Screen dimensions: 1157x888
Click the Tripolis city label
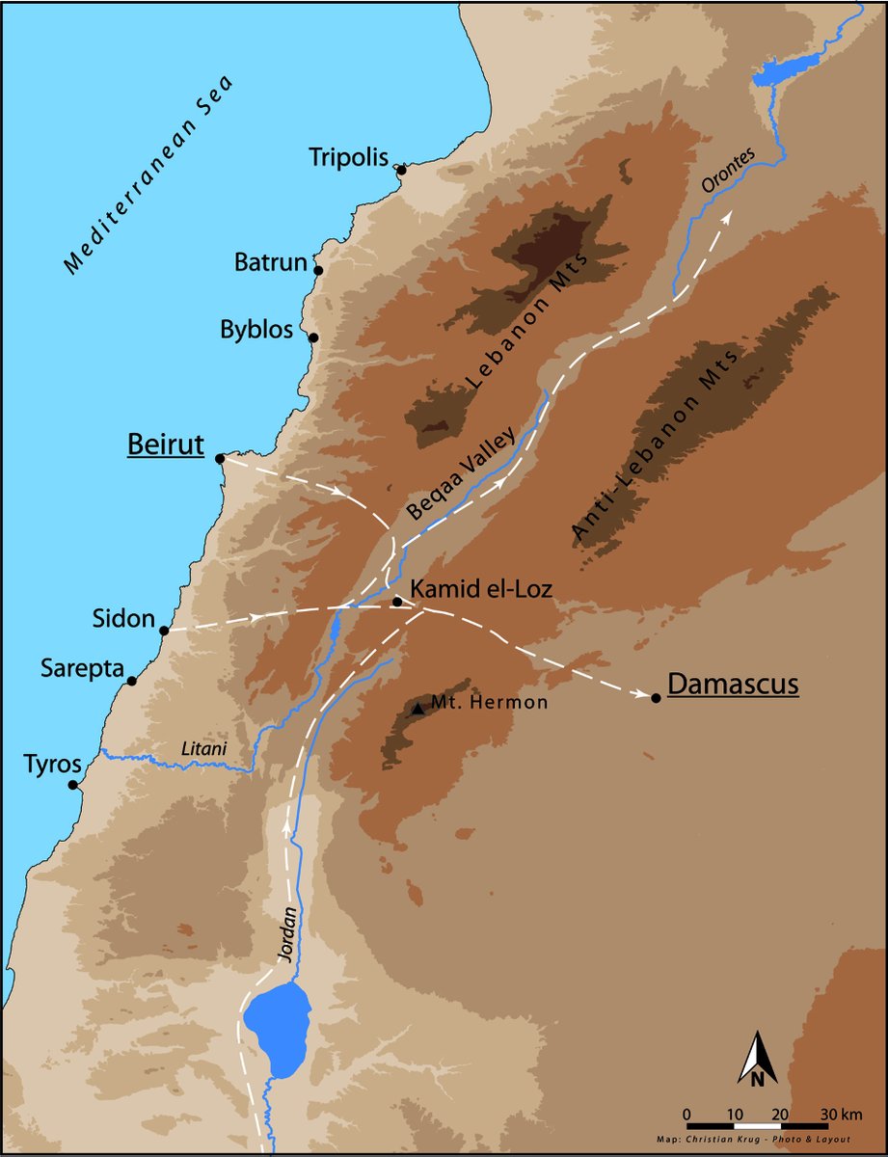(x=348, y=156)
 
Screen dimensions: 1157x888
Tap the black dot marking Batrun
(x=318, y=271)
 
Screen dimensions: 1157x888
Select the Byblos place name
(x=256, y=330)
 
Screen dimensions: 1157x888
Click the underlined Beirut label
(x=166, y=445)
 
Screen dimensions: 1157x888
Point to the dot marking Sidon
(x=165, y=631)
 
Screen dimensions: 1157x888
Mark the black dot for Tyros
(x=73, y=785)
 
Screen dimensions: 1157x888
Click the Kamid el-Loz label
(x=481, y=588)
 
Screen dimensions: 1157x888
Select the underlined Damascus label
(x=733, y=685)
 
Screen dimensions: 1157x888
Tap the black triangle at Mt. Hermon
(x=417, y=709)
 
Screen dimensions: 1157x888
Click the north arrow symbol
(x=758, y=1060)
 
